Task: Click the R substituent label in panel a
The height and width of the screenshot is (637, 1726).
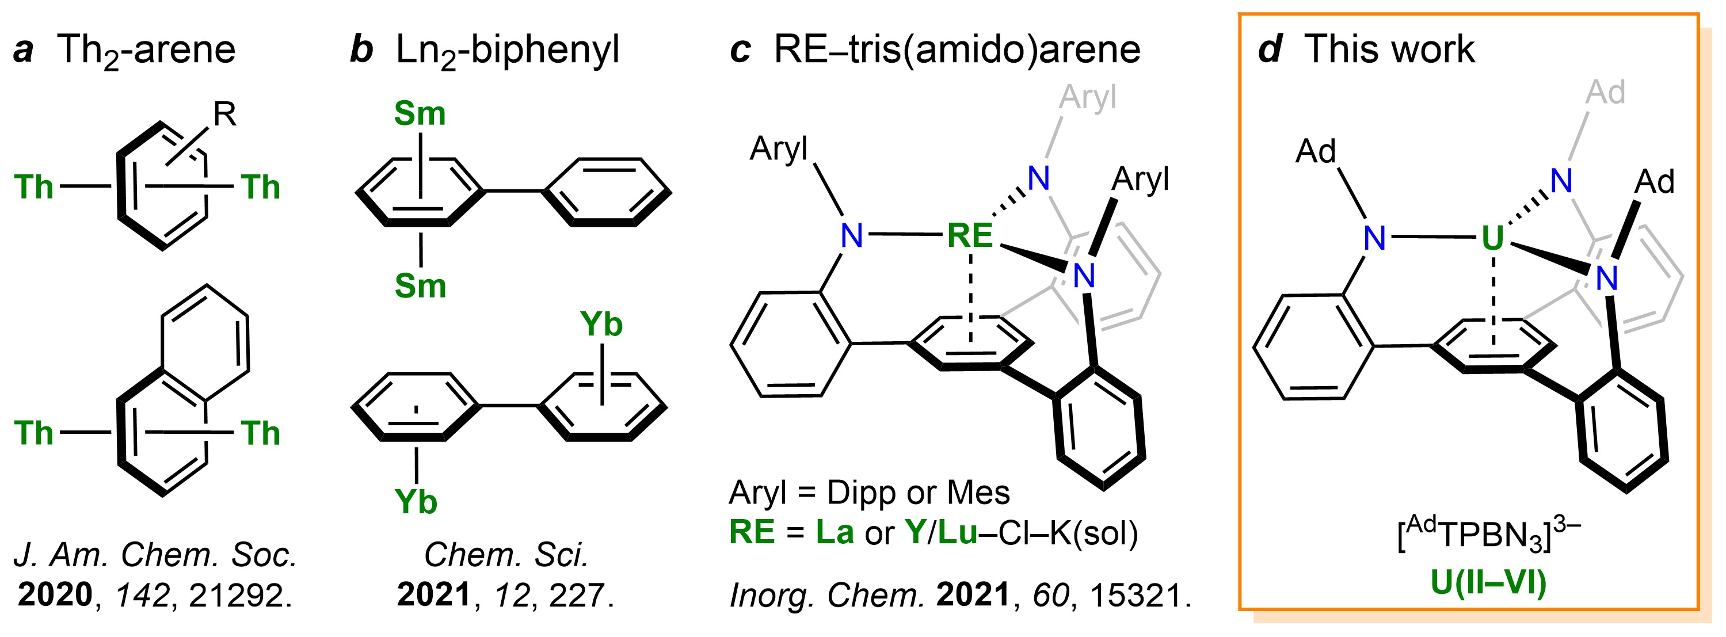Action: (225, 115)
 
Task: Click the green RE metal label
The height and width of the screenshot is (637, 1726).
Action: (970, 236)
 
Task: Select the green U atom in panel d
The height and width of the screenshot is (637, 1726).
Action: (1492, 238)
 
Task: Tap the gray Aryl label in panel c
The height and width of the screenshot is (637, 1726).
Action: (1088, 98)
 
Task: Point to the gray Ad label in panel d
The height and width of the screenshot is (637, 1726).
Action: (1605, 93)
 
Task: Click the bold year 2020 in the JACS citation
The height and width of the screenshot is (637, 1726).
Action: (55, 594)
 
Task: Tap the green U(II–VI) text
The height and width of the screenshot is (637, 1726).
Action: (1488, 582)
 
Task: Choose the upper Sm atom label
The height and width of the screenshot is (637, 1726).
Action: (420, 113)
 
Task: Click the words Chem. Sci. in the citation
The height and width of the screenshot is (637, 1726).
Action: (506, 555)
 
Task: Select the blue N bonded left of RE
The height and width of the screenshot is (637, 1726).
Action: (852, 236)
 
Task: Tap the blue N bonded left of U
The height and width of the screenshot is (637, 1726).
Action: (1374, 238)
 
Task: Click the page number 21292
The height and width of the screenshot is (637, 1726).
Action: (240, 594)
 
